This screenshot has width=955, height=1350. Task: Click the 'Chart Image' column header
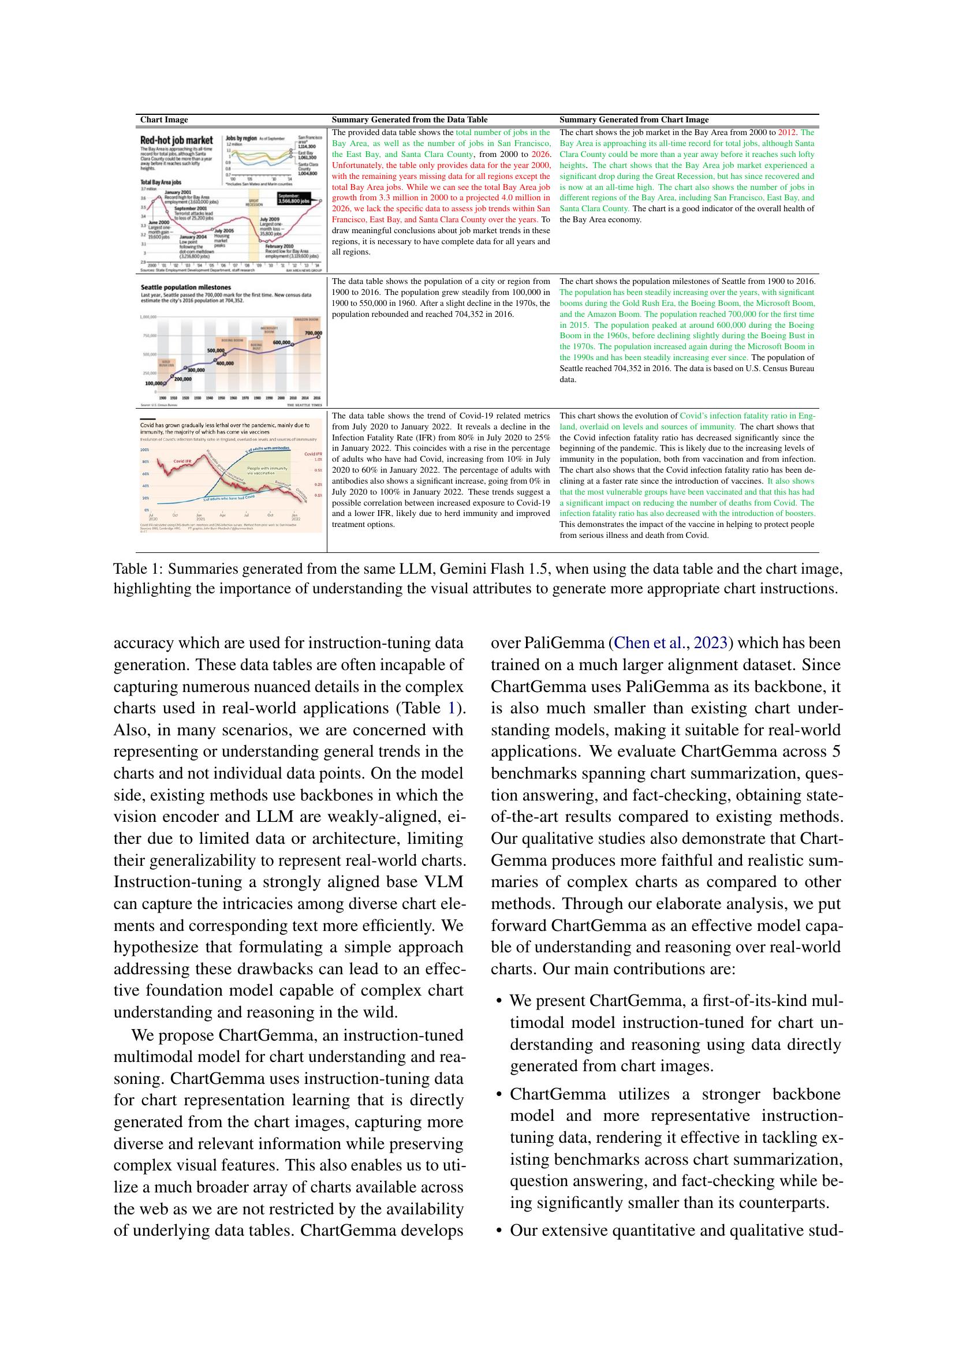[x=164, y=120]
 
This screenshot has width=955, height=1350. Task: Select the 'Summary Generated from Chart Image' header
[x=634, y=120]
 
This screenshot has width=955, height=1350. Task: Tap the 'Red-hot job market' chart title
[x=177, y=140]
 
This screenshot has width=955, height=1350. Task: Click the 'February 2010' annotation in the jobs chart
[x=280, y=246]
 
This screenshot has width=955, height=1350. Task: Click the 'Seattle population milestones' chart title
[x=178, y=287]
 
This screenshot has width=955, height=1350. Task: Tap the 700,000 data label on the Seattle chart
[x=314, y=334]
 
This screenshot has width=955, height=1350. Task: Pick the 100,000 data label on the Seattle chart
[x=154, y=383]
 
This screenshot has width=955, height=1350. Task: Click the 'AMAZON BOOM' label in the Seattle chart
[x=307, y=320]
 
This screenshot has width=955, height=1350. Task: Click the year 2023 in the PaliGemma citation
[x=711, y=643]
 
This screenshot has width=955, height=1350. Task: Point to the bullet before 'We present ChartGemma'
[x=499, y=1001]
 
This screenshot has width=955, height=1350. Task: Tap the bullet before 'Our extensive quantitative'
[x=499, y=1231]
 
